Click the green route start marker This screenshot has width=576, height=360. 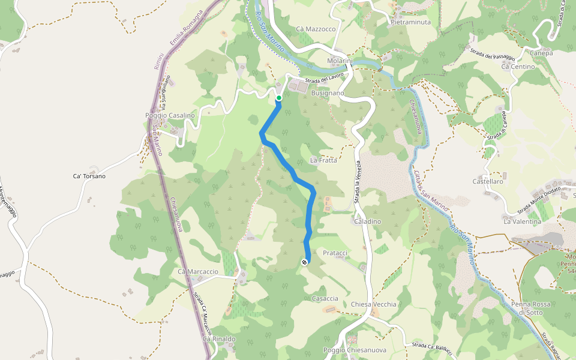click(279, 98)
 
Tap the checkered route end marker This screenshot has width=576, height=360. click(305, 262)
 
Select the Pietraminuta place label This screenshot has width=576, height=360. click(410, 22)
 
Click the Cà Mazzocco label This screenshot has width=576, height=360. click(316, 29)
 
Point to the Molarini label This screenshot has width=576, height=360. click(340, 62)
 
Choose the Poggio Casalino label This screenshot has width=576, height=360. click(170, 115)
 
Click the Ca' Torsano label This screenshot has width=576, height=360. click(89, 176)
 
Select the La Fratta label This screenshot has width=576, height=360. click(323, 160)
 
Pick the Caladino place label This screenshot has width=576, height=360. click(367, 221)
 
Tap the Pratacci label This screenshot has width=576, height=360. click(335, 253)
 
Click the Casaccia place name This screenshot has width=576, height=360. click(325, 298)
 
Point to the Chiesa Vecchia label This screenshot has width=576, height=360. click(374, 304)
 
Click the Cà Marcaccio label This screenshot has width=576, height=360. click(198, 272)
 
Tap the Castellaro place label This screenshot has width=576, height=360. click(488, 181)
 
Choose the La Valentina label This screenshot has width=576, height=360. click(522, 221)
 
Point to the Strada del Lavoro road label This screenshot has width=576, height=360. click(324, 79)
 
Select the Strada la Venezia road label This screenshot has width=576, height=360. click(358, 182)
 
